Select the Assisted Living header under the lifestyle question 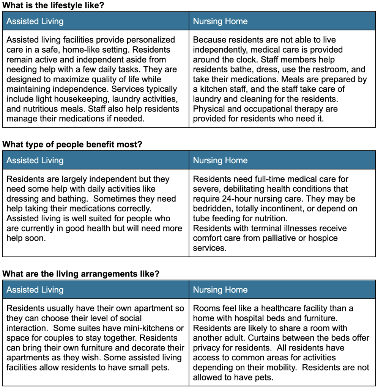(x=35, y=21)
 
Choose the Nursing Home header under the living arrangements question (x=220, y=290)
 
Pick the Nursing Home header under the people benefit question (x=220, y=160)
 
